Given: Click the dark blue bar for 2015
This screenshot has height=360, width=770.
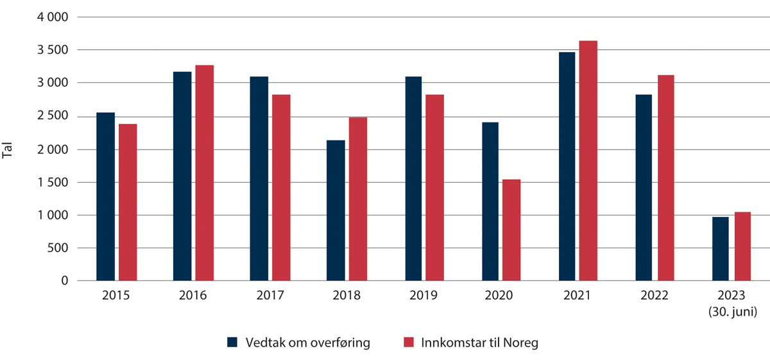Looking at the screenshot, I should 105,196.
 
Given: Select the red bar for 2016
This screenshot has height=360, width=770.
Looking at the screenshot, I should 205,173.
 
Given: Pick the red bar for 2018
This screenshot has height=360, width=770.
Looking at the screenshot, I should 358,199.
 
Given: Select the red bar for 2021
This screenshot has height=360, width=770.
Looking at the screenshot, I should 588,160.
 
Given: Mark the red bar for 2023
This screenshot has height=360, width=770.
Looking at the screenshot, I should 742,246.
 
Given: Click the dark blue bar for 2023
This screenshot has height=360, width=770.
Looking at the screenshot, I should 721,249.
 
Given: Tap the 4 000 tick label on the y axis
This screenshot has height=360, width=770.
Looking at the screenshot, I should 53,17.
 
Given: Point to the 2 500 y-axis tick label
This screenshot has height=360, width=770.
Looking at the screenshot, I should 53,116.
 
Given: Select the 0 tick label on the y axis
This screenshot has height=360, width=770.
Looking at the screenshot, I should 65,280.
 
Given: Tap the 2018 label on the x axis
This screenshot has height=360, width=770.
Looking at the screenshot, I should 347,296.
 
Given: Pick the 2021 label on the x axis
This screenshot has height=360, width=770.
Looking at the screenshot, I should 577,296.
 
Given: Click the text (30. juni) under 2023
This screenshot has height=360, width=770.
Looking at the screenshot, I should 732,313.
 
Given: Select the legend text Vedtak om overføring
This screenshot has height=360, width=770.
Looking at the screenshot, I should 308,343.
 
